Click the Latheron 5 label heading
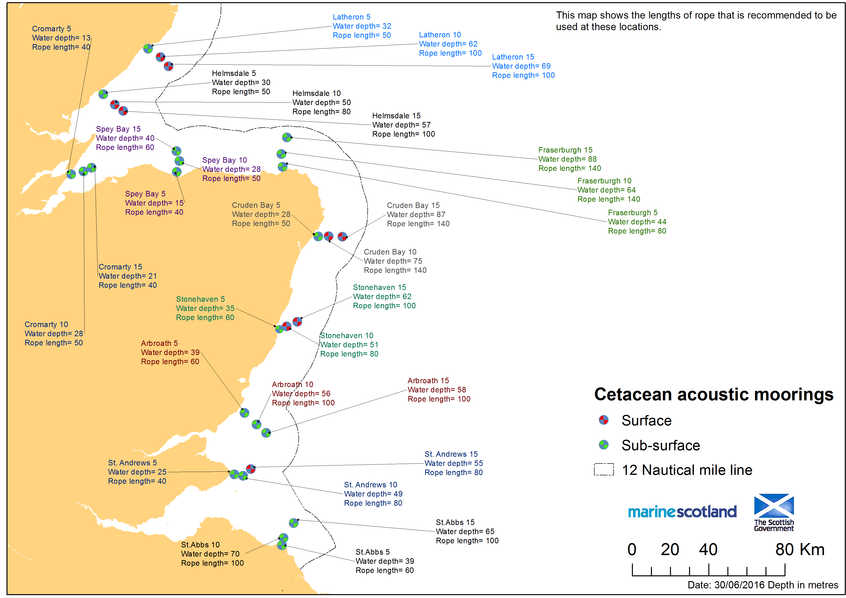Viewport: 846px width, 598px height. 352,17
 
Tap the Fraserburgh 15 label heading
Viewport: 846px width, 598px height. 565,150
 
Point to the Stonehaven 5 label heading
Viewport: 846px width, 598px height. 200,299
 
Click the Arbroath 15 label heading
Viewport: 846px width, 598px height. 428,381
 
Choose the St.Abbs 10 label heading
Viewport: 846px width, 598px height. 200,544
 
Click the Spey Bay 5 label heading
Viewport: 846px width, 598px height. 145,194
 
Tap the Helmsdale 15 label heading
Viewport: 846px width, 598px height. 396,116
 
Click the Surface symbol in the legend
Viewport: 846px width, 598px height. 603,420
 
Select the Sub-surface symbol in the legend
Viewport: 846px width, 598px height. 603,445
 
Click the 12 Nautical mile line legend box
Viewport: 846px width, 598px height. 603,470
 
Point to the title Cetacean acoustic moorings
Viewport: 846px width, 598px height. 714,394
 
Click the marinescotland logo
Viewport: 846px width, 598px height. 682,512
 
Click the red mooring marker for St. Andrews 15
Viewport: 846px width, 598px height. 250,469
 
